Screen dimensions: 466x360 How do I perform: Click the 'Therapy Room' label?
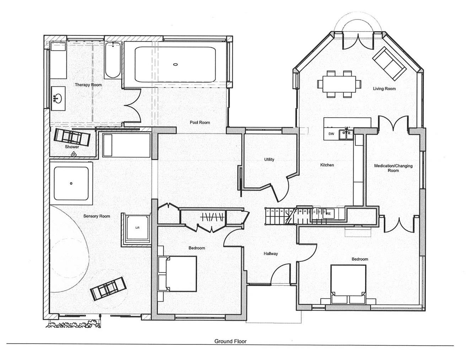point(88,85)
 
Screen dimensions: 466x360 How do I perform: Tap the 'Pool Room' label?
point(200,122)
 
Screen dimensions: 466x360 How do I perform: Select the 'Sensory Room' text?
point(97,216)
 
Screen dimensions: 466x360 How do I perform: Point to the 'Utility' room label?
point(269,159)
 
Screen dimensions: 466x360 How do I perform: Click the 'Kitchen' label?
point(327,165)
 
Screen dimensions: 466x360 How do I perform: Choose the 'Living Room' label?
point(384,88)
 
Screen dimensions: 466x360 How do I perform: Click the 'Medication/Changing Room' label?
point(393,168)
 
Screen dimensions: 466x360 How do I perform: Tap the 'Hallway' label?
point(271,254)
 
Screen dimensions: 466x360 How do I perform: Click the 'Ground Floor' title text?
point(230,341)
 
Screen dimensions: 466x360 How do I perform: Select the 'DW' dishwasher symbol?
point(331,134)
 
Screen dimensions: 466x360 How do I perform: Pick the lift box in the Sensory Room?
point(137,228)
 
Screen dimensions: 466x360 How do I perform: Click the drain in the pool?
point(175,64)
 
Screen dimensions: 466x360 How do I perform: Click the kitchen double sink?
point(346,134)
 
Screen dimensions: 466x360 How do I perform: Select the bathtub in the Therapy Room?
point(113,59)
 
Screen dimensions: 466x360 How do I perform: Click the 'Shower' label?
point(72,147)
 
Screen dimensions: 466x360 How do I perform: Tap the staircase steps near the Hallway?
point(279,215)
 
